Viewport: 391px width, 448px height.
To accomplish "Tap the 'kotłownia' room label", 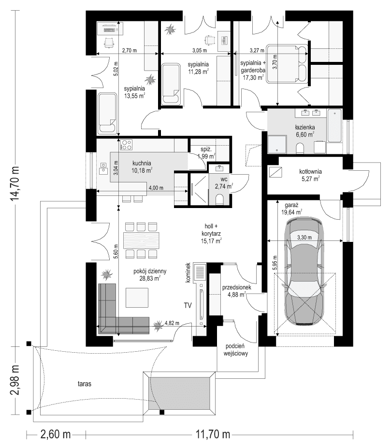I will (x=310, y=172).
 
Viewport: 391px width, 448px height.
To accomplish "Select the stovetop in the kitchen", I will (x=127, y=145).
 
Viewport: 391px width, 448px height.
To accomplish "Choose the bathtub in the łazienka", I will (x=334, y=126).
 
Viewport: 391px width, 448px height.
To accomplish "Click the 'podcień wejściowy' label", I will (x=235, y=350).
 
